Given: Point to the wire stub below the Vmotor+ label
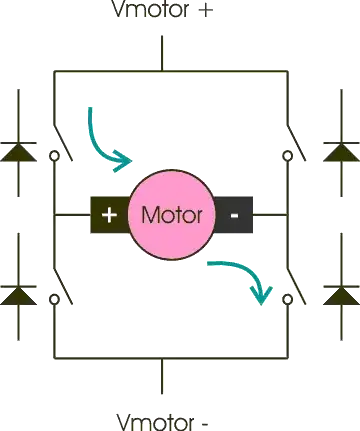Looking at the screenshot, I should point(162,52).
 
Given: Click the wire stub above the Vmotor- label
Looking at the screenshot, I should point(162,378).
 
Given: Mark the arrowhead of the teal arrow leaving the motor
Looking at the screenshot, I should point(264,294).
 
